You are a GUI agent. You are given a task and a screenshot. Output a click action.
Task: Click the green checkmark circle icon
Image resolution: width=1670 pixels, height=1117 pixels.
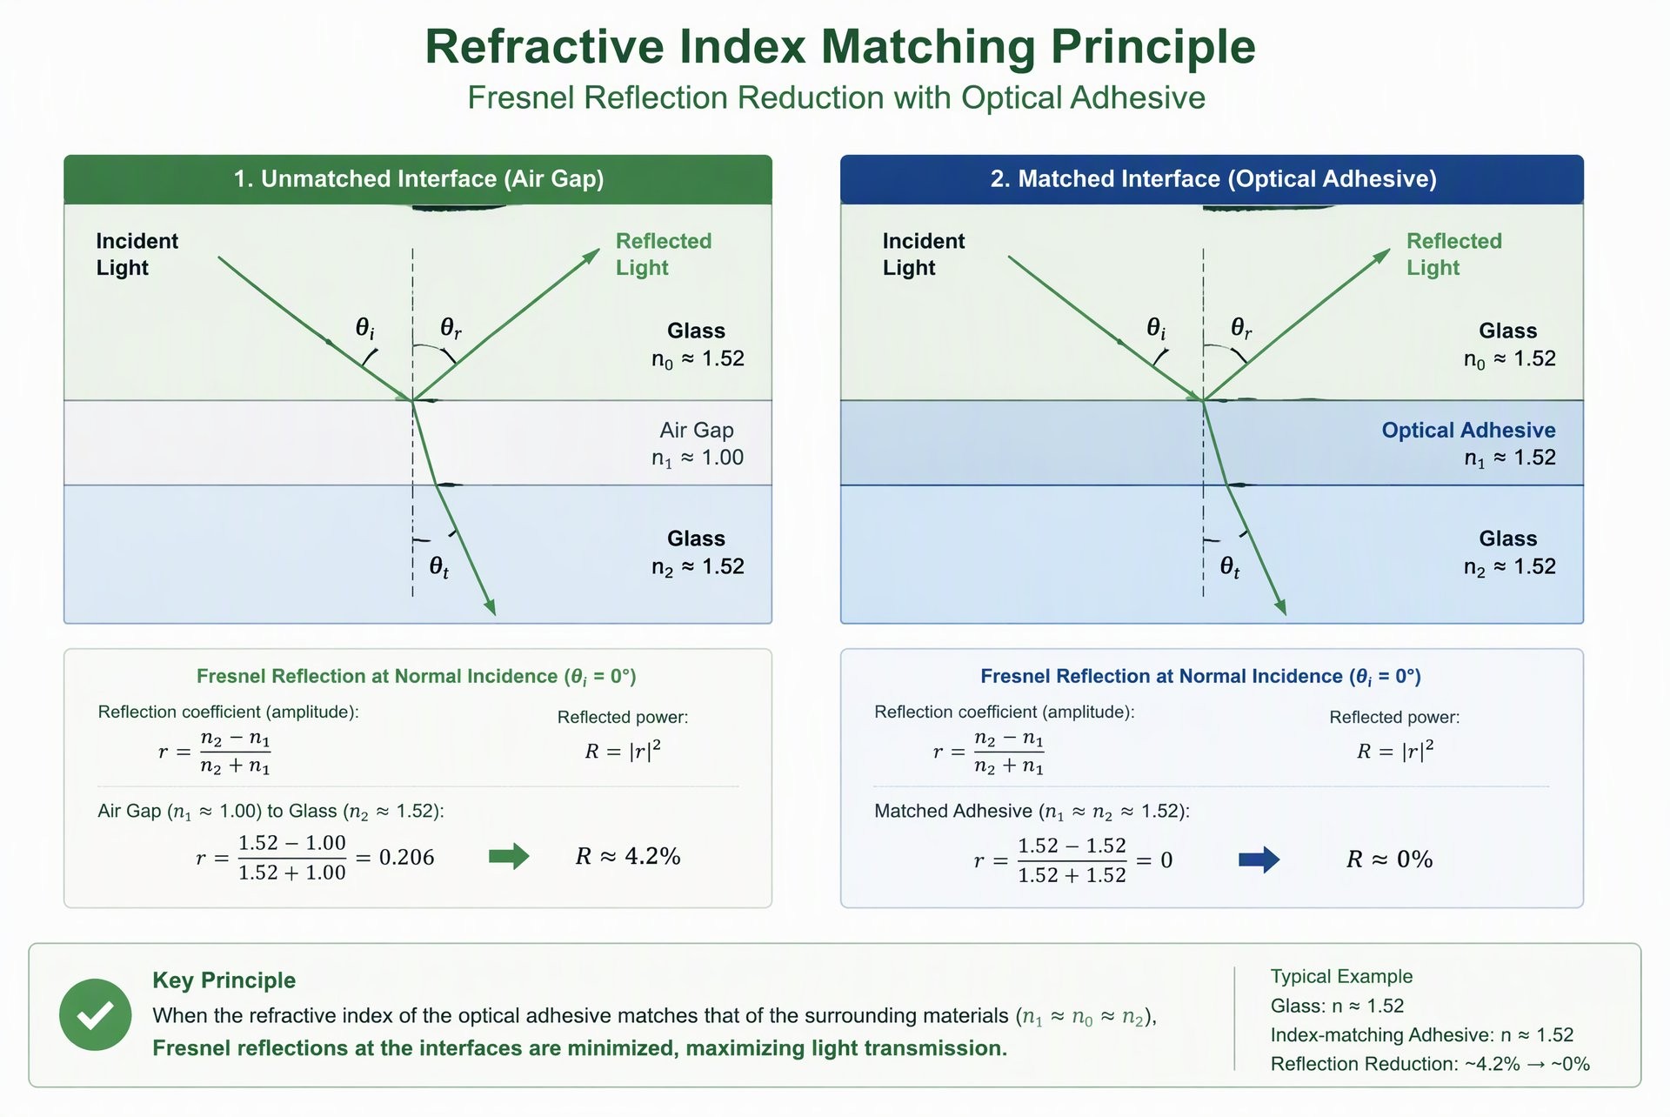click(96, 1014)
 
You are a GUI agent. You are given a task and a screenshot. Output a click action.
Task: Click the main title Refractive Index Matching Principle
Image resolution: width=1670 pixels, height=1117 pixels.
click(840, 46)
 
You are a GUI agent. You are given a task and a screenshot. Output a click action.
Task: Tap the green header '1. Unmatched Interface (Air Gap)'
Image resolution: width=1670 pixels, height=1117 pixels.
click(418, 179)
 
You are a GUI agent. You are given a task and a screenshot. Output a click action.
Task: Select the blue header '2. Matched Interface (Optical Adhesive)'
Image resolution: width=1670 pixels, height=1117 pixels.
click(1212, 179)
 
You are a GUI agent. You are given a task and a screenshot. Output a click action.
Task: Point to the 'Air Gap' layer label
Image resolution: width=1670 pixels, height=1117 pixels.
click(697, 430)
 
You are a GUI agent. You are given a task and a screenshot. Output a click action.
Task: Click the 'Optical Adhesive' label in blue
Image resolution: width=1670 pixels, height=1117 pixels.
click(1468, 430)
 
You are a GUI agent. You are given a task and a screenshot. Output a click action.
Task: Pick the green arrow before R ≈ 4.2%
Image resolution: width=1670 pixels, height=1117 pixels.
click(509, 856)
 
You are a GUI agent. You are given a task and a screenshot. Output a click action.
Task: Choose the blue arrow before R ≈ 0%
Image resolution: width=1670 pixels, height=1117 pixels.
click(1259, 859)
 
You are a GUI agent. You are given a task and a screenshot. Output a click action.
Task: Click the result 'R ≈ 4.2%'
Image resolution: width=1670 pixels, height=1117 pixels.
click(628, 856)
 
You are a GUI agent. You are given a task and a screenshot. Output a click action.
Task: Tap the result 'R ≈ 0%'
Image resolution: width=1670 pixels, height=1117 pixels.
click(1390, 859)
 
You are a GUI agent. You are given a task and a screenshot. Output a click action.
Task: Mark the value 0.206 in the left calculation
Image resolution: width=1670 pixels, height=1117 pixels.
click(407, 857)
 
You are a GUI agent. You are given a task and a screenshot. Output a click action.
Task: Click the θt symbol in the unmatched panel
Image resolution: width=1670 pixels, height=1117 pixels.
click(439, 568)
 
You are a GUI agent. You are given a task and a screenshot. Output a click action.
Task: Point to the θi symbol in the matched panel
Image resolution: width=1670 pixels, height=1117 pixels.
click(1156, 328)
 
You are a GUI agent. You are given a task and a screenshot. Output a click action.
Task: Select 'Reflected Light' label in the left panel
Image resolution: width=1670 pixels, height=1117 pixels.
click(664, 254)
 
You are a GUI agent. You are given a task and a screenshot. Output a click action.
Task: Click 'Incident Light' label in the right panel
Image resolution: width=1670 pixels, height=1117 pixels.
click(924, 254)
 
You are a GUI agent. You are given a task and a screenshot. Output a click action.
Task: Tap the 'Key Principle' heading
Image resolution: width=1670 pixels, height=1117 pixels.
click(224, 980)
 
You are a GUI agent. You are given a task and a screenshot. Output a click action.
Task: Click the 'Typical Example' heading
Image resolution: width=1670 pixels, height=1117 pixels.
click(1341, 976)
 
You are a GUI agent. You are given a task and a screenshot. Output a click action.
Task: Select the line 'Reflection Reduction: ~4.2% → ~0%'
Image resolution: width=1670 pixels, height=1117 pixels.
click(1430, 1064)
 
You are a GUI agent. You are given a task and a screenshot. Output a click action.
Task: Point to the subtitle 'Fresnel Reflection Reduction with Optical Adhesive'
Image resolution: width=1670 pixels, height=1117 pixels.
click(837, 97)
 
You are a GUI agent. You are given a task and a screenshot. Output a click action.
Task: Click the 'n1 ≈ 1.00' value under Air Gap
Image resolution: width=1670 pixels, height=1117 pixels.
click(698, 458)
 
